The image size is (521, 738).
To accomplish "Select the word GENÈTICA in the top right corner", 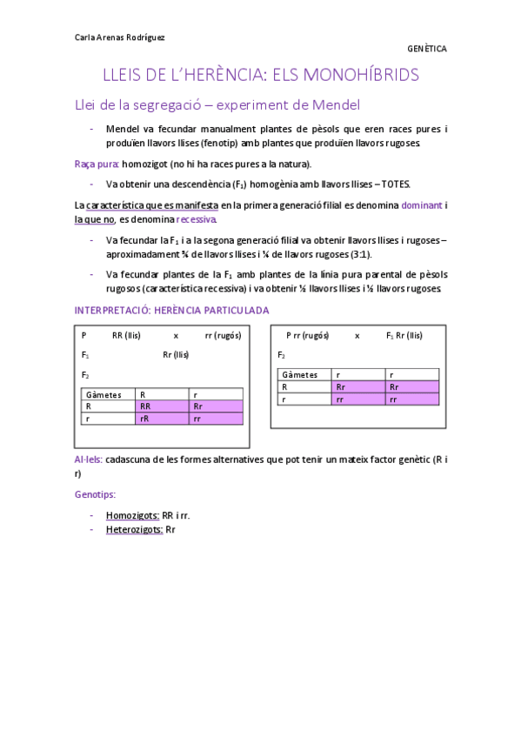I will click(426, 49).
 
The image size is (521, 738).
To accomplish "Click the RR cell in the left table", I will click(145, 406).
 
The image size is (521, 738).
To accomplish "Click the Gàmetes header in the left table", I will click(104, 394).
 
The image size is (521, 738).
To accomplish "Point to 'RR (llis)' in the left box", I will click(126, 335).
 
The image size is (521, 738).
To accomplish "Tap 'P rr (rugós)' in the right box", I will click(307, 335).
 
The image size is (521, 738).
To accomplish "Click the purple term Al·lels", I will click(89, 459).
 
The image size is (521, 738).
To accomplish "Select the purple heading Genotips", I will click(95, 493).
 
